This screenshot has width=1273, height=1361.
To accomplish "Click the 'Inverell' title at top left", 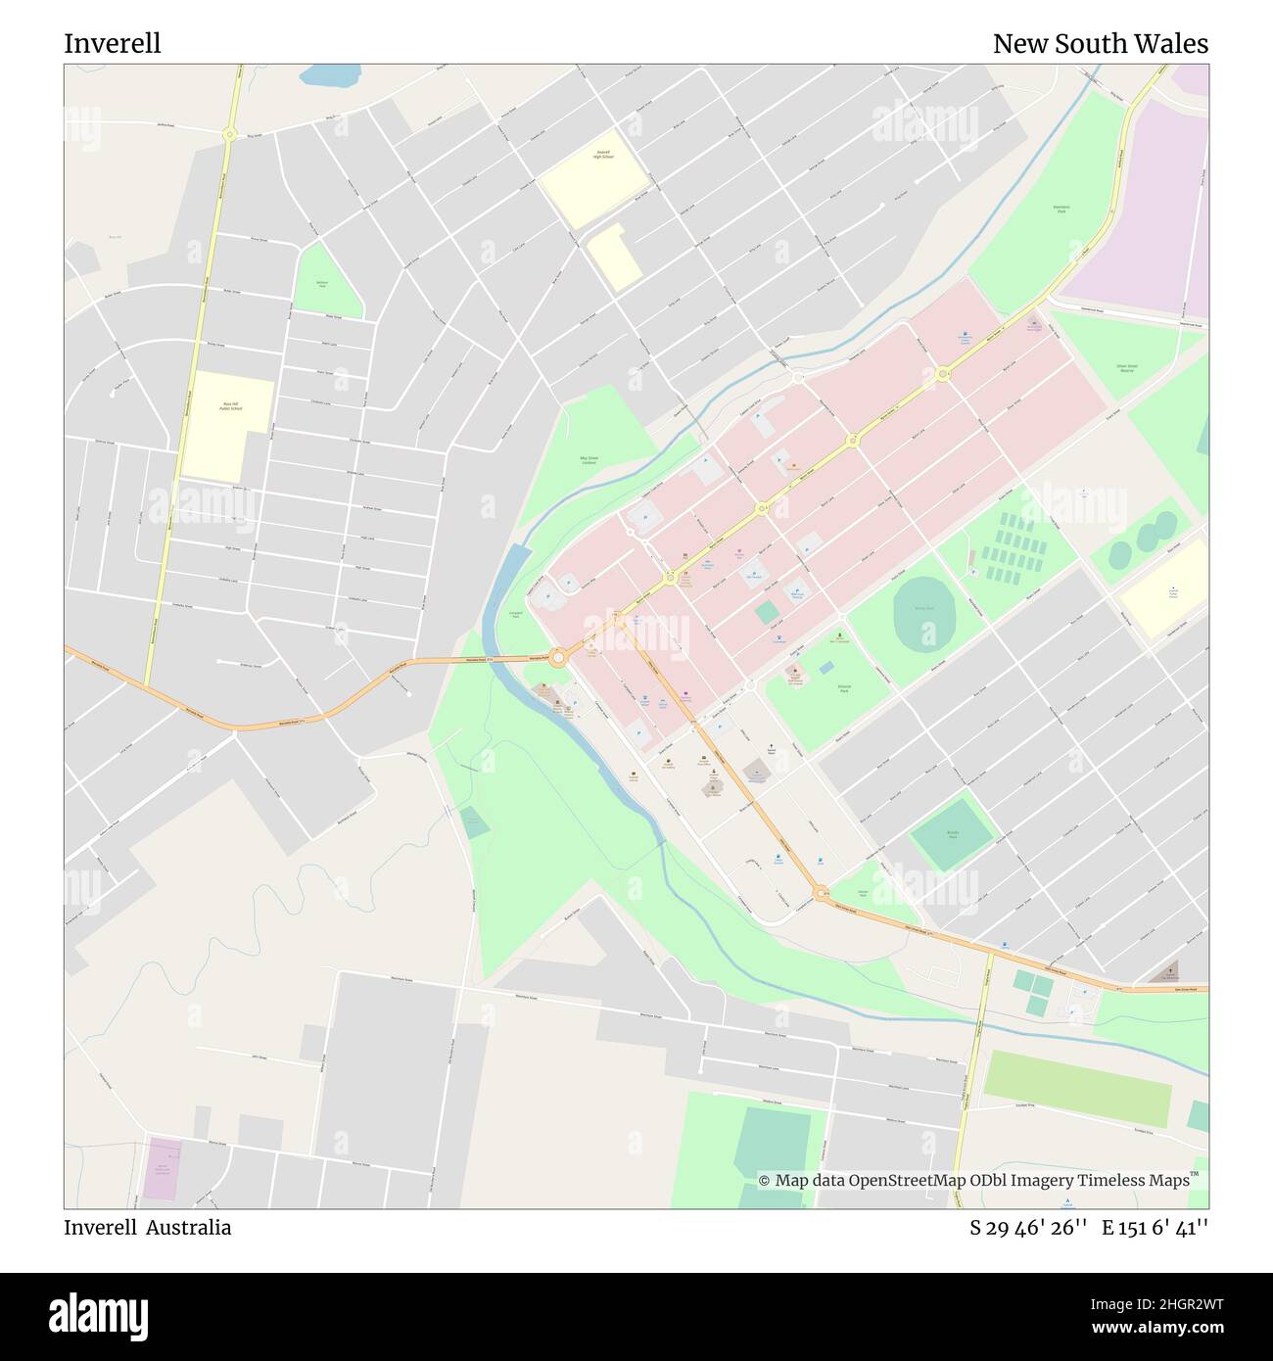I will [x=113, y=44].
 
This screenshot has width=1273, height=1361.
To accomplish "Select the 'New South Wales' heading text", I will [x=1100, y=44].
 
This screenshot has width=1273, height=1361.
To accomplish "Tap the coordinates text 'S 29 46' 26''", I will [x=1029, y=1227].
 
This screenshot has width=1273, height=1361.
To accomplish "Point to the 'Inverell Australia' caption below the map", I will [x=148, y=1227].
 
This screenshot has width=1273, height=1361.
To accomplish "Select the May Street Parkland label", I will [x=589, y=460].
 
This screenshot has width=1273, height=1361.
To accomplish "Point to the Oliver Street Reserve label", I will [x=1126, y=368].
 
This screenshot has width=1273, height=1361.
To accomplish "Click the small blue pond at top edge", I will [x=329, y=74].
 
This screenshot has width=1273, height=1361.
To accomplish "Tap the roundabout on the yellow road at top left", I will [x=230, y=134].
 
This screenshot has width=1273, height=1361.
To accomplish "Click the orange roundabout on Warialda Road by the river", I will [x=558, y=658].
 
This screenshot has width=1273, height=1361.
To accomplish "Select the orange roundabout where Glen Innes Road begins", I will [x=820, y=892].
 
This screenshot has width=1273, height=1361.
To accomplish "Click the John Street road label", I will [x=258, y=1056].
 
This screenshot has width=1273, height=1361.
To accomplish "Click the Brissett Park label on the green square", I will [x=952, y=833].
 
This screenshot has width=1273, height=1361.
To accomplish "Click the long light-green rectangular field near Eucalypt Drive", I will [x=1077, y=1089].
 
